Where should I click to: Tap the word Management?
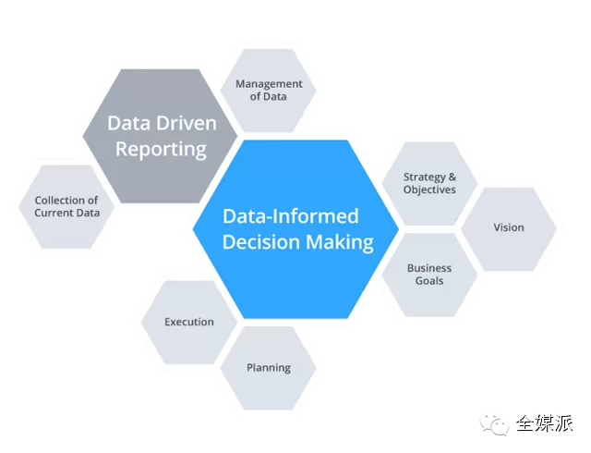coord(268,83)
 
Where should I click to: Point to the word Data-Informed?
coord(291,217)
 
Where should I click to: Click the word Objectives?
coord(429,190)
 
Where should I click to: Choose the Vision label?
coord(508,227)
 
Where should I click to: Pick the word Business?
coord(429,268)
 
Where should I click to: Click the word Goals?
coord(429,281)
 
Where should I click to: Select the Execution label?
coord(189,322)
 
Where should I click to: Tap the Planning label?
coord(269,367)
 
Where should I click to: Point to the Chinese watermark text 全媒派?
coord(544,422)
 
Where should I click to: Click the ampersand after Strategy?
coord(452,177)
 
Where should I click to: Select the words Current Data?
coord(66,213)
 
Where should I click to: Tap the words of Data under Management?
coord(268,96)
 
